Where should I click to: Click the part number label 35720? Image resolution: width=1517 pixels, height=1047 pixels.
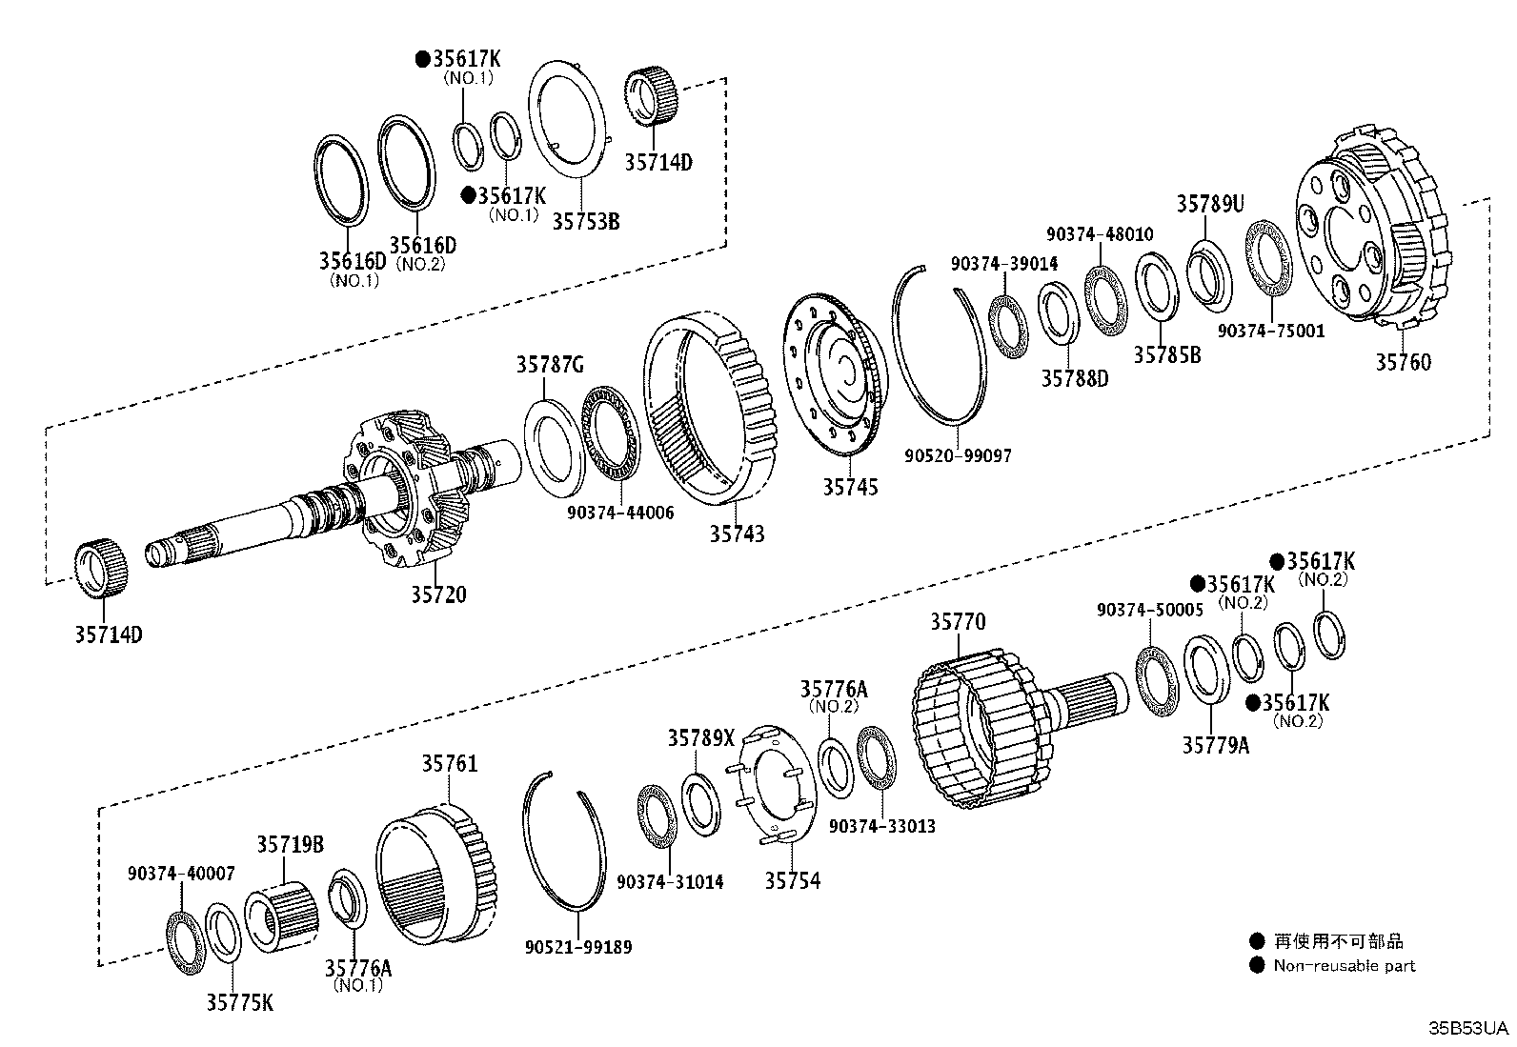click(438, 595)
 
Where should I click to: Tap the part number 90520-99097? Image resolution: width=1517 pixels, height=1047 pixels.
click(958, 456)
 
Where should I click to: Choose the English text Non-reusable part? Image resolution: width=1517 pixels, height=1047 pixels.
click(1344, 966)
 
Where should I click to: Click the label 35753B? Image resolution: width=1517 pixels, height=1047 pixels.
click(585, 221)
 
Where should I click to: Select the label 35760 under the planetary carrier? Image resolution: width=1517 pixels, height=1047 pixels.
click(1403, 362)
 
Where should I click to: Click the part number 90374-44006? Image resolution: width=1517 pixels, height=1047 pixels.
click(619, 513)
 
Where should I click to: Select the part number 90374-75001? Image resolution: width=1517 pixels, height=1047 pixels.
click(1271, 332)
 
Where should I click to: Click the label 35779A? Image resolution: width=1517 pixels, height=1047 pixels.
click(1215, 746)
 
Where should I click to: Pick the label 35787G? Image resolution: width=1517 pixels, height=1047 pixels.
click(550, 364)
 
